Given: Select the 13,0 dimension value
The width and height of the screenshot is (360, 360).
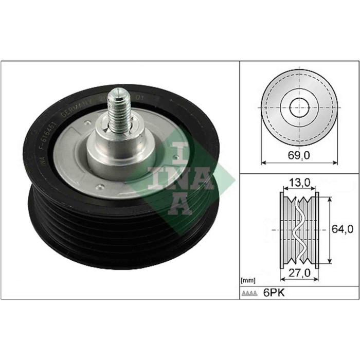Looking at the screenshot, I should click(x=298, y=182).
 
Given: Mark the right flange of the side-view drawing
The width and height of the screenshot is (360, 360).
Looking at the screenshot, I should click(x=316, y=230).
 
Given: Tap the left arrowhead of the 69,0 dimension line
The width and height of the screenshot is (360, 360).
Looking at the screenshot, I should click(x=264, y=163).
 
